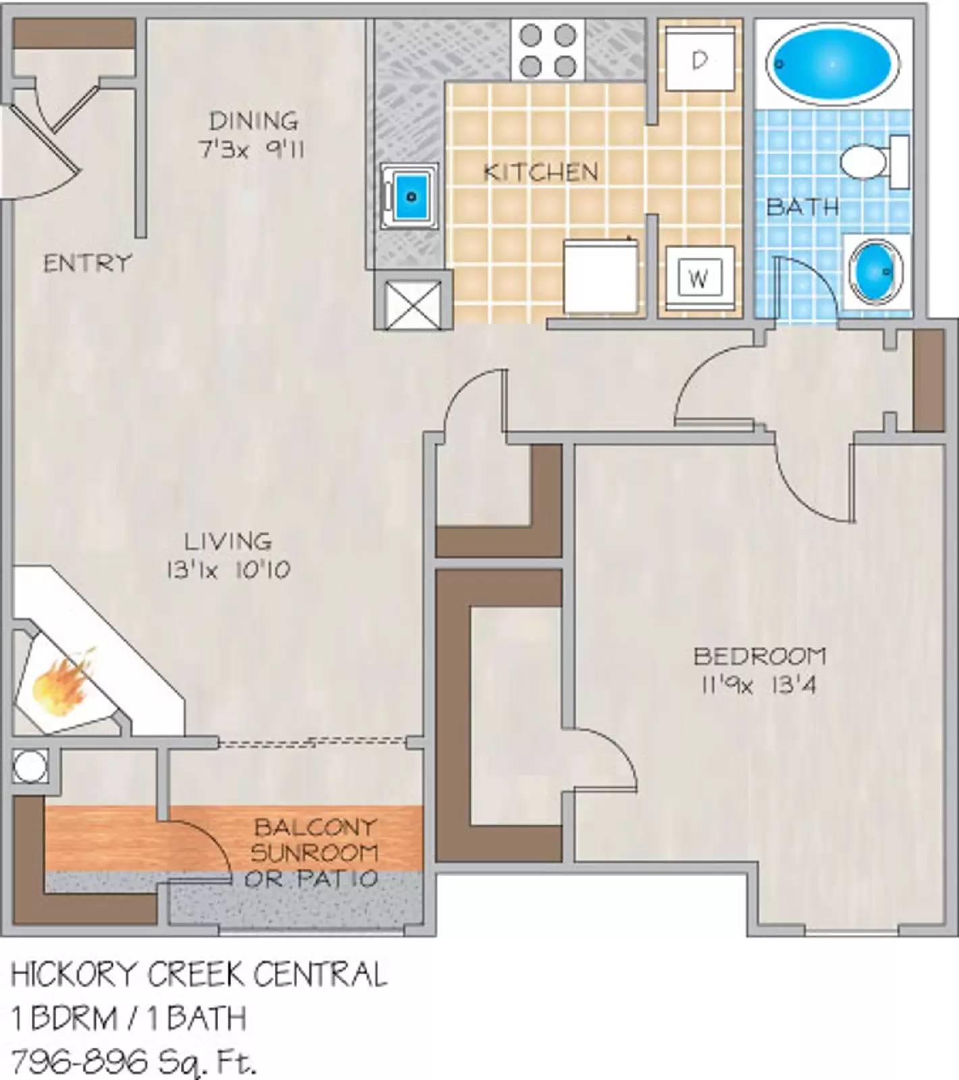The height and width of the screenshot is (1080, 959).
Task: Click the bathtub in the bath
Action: (x=833, y=64)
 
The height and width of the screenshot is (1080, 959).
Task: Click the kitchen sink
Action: (x=410, y=196)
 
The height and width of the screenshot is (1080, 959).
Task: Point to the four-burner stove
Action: (x=548, y=50)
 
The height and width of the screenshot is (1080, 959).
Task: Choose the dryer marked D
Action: (x=700, y=60)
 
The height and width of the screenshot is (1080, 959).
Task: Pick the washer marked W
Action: (x=699, y=277)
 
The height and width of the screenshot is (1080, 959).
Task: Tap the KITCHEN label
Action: (x=541, y=172)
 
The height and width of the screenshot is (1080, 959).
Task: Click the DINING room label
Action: (x=253, y=122)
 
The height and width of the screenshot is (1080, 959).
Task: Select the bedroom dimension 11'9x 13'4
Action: (x=758, y=686)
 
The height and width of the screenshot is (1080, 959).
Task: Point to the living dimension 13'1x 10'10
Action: (x=228, y=570)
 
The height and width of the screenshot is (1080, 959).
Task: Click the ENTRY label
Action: (x=87, y=263)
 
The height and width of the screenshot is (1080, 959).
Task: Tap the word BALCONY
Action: (x=315, y=827)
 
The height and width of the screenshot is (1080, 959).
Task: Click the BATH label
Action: (x=802, y=206)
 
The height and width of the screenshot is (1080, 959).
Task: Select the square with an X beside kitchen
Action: (x=412, y=304)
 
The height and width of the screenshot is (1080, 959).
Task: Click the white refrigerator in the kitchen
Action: (x=600, y=275)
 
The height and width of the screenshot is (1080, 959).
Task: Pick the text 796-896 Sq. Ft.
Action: (x=134, y=1062)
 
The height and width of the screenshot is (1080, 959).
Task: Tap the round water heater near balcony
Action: (x=30, y=766)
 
